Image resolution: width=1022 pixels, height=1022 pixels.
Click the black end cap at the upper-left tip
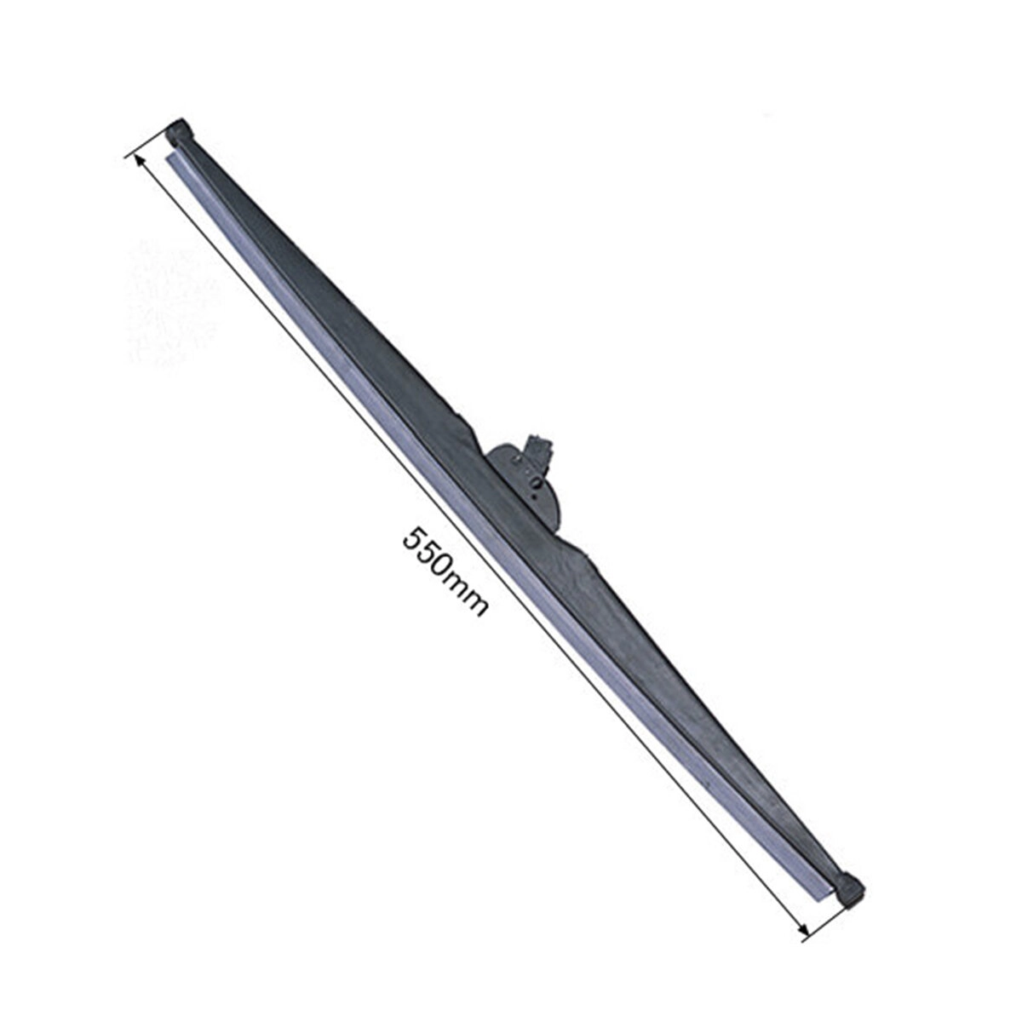click(181, 131)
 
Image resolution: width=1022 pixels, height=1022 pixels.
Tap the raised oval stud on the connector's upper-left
click(517, 461)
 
